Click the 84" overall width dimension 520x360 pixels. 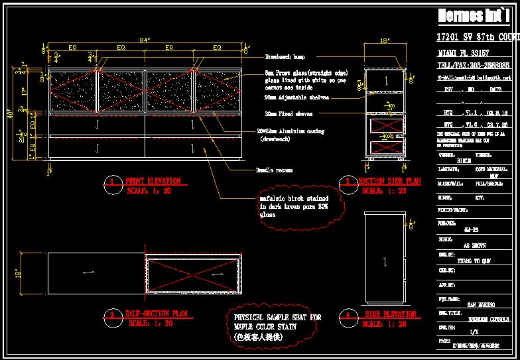[x=144, y=41]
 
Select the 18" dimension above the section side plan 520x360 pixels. [x=385, y=41]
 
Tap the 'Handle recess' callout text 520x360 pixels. [x=274, y=170]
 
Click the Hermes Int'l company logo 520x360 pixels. [x=472, y=17]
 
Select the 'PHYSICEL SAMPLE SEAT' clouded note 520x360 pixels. [x=277, y=327]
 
